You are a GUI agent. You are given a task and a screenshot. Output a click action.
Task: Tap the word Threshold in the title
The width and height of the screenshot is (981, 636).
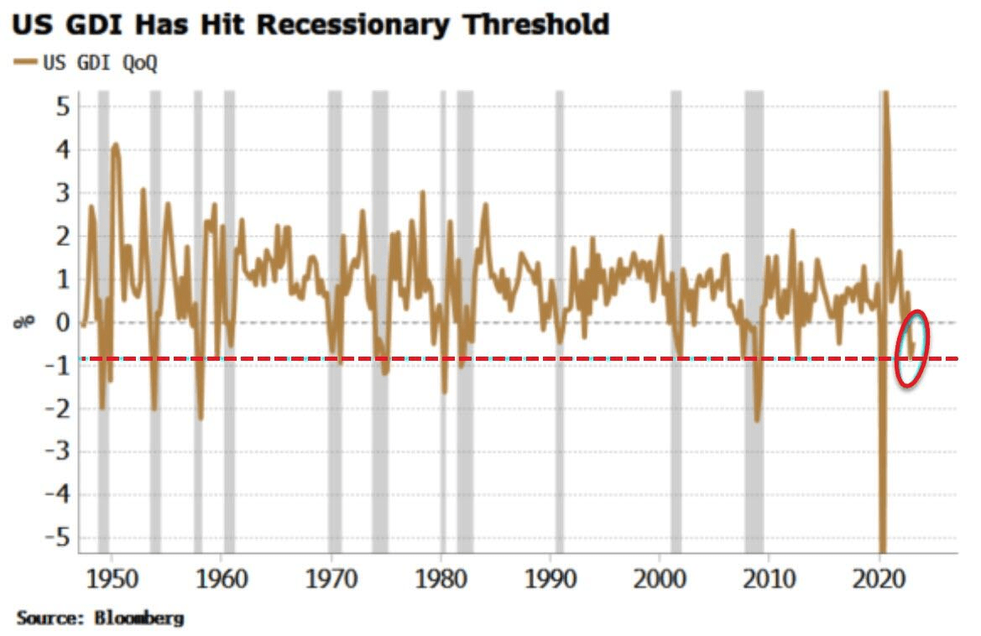[537, 24]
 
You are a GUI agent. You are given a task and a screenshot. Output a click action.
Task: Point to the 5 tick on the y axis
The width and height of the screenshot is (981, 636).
[62, 107]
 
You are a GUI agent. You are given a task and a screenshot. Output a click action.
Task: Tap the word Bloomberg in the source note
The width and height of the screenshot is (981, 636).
[138, 619]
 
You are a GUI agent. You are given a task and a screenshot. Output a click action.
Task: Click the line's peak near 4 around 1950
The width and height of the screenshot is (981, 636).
[115, 144]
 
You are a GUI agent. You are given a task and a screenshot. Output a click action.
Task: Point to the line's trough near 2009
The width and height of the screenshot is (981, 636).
[757, 420]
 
